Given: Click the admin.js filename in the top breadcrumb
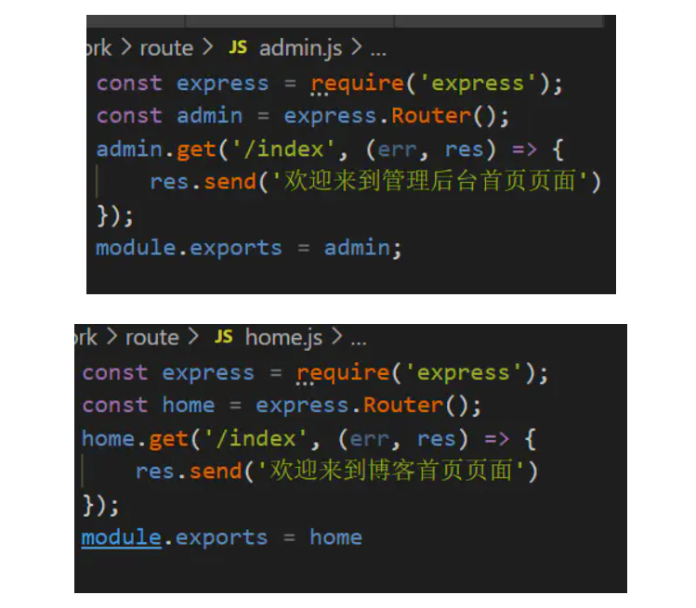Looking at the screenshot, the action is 300,48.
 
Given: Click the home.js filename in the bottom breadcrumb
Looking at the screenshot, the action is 283,338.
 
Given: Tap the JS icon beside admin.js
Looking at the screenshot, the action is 239,47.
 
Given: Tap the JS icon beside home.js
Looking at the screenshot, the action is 224,337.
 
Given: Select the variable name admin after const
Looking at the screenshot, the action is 209,116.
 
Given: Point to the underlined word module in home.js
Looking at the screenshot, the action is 121,537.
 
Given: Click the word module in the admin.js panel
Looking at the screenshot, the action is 136,248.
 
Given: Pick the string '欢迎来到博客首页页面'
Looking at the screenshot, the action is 390,472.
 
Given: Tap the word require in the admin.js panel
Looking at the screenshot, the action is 358,84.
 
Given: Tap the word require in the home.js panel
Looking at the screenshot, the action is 343,373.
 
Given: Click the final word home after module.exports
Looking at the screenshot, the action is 335,537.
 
